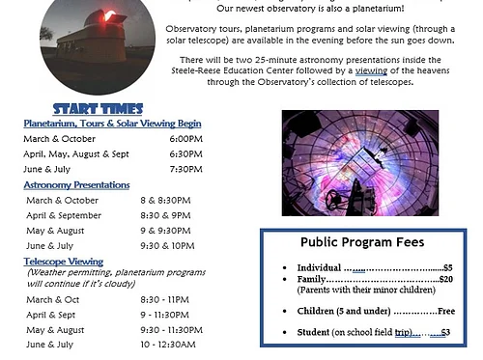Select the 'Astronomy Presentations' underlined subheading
click(x=76, y=184)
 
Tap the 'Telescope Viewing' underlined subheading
click(x=64, y=261)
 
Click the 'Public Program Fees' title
click(x=362, y=242)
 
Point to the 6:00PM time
click(x=186, y=139)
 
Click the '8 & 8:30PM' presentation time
click(x=165, y=200)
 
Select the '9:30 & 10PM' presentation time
click(x=168, y=245)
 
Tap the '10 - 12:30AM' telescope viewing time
click(x=167, y=345)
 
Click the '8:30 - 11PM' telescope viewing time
click(x=165, y=299)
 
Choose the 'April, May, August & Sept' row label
click(x=76, y=153)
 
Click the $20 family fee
click(x=445, y=278)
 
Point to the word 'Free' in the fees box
click(x=445, y=311)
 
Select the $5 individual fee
click(x=447, y=267)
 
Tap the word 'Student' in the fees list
click(x=315, y=332)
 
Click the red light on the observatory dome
click(x=109, y=16)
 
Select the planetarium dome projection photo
click(x=359, y=161)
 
